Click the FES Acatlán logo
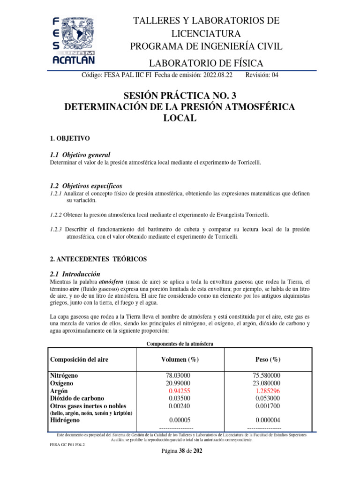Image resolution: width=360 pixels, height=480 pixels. [73, 40]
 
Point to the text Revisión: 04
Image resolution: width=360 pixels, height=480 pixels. [262, 75]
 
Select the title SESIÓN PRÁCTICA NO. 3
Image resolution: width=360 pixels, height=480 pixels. [180, 96]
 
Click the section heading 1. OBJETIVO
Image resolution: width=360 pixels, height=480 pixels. [69, 139]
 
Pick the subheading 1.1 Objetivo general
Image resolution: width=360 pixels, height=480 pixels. [80, 155]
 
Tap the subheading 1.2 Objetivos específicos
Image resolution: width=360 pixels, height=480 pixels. [86, 186]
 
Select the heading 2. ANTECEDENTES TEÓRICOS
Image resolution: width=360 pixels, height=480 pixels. [98, 259]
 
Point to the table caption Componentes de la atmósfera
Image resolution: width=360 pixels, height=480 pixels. [180, 344]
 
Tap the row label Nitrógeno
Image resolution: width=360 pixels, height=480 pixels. [64, 376]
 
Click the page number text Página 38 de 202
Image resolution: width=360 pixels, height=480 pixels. [180, 451]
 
